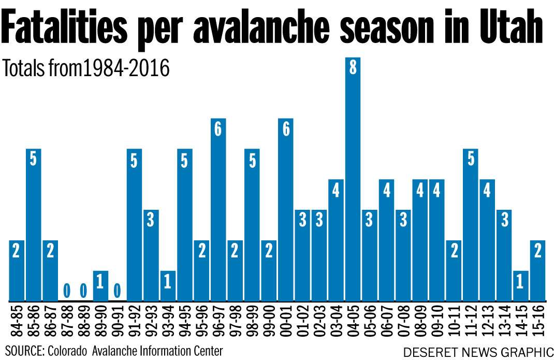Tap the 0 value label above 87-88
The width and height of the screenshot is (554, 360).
67,289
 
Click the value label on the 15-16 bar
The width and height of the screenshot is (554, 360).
538,251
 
